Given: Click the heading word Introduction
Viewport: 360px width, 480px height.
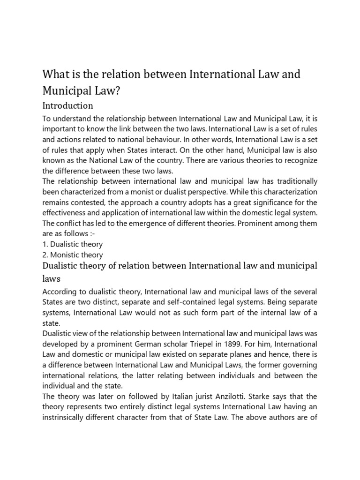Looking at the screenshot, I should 68,105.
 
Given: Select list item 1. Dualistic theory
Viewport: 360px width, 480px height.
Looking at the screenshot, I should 73,244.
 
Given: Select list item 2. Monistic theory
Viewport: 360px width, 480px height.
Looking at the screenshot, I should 73,255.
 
